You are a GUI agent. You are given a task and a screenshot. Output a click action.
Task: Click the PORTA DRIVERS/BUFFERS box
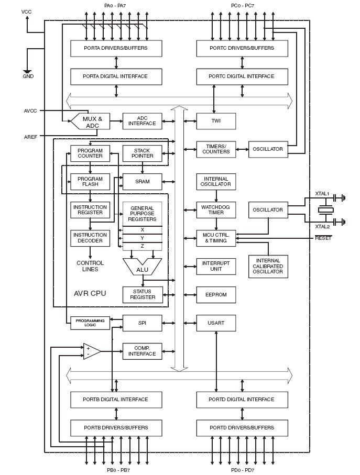(x=116, y=48)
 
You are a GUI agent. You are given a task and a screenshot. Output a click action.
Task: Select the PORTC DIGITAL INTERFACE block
(x=242, y=76)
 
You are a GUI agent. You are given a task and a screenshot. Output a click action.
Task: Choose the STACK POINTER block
(x=143, y=153)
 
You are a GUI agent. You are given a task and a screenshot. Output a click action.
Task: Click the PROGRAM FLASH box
(x=90, y=181)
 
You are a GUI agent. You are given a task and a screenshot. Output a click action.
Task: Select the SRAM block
(x=143, y=182)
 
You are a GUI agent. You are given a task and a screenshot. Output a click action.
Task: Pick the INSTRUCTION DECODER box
(x=90, y=238)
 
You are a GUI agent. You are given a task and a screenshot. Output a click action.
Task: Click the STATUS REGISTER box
(x=143, y=294)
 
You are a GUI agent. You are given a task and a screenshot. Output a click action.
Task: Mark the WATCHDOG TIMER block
(x=216, y=210)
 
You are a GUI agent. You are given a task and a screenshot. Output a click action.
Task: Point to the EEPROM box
(x=216, y=295)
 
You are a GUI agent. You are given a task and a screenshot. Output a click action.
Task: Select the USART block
(x=216, y=323)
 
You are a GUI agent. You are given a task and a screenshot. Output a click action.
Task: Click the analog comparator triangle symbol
(x=91, y=351)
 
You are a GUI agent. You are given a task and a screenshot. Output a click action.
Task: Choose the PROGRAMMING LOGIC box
(x=90, y=323)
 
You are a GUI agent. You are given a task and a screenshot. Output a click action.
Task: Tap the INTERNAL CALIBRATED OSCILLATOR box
(x=268, y=267)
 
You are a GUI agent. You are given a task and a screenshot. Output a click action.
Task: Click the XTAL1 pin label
(x=322, y=194)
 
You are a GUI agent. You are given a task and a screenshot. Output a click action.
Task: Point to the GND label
(x=28, y=76)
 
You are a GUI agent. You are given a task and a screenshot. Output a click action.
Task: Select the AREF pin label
(x=30, y=137)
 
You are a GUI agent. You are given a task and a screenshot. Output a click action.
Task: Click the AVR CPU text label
(x=90, y=293)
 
